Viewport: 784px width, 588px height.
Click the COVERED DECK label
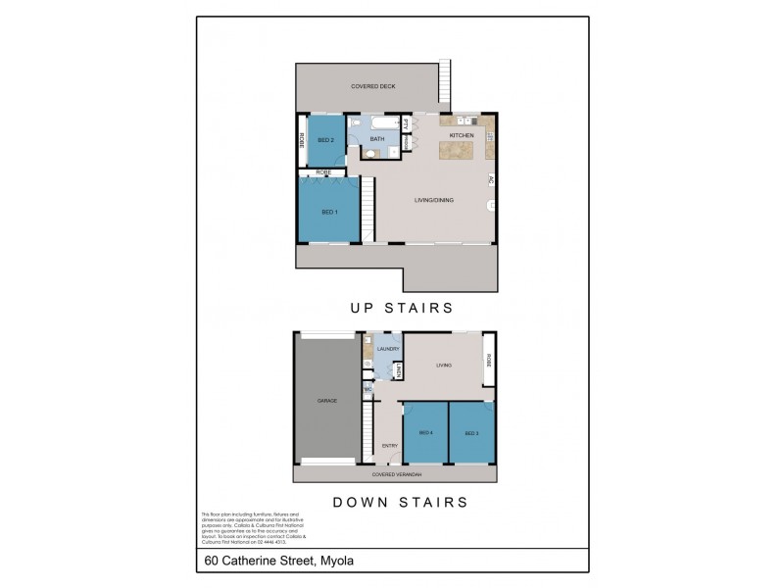(371, 87)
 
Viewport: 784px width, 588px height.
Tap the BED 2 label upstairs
(326, 140)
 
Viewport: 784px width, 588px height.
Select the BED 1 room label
(329, 212)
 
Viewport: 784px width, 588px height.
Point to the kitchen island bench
(455, 151)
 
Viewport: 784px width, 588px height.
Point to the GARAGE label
(327, 401)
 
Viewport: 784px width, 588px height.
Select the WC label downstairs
(368, 389)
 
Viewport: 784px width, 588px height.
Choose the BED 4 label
(425, 432)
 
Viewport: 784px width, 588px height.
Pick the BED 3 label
(471, 432)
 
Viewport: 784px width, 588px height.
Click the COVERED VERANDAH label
(394, 474)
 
